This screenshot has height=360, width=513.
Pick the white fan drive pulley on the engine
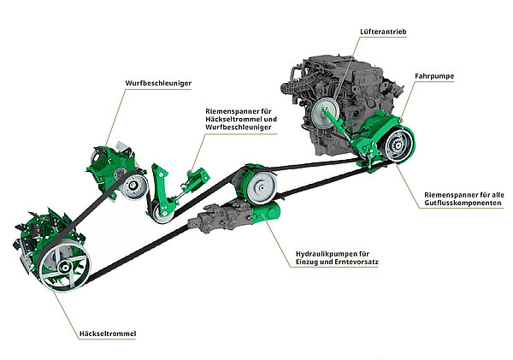pyautogui.click(x=324, y=116)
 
